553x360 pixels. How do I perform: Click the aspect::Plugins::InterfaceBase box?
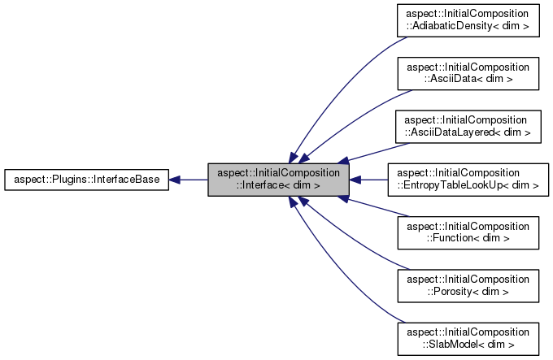[x=87, y=180]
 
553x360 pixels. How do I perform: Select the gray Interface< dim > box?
[x=278, y=180]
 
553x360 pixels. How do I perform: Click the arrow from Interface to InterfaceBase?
[x=189, y=180]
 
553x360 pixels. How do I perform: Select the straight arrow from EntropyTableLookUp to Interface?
[x=370, y=180]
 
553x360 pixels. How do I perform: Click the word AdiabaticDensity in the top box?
[x=473, y=27]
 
